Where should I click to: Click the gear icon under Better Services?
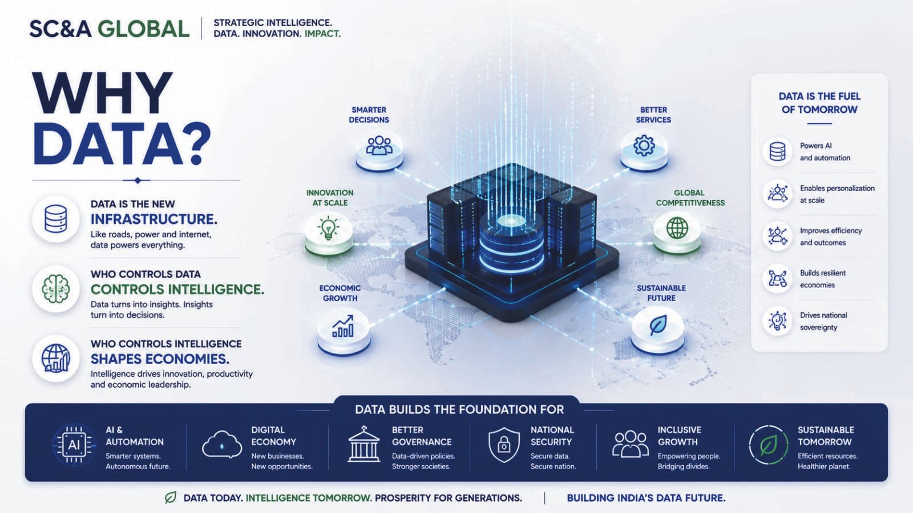tap(644, 146)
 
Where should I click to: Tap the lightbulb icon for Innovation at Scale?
tap(329, 229)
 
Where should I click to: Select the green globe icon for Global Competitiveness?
tap(677, 228)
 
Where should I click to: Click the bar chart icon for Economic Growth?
tap(343, 326)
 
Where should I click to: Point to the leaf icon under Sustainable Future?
tap(658, 325)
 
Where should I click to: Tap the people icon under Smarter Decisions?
tap(379, 145)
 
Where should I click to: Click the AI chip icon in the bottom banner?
tap(74, 445)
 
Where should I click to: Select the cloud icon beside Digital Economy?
tap(222, 445)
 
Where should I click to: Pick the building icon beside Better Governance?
tap(363, 444)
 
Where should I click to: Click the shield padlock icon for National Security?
tap(504, 445)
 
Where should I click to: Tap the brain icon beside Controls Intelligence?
tap(56, 288)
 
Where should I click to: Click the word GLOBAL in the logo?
tap(143, 29)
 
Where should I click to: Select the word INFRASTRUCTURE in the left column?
tap(153, 219)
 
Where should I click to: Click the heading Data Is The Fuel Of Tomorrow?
tap(819, 103)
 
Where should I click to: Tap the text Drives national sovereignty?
tap(823, 321)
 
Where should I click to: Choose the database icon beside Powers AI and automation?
tap(777, 151)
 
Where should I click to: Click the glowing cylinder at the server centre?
tap(511, 242)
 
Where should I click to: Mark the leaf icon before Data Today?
tap(171, 498)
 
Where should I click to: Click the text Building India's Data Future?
tap(646, 498)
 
